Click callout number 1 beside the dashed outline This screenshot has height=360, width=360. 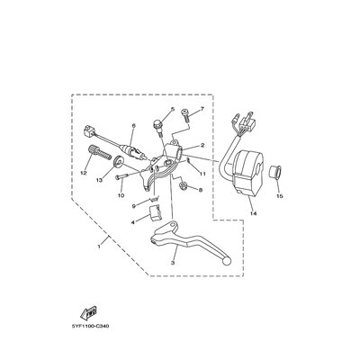tap(99, 246)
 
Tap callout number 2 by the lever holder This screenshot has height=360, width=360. tap(202, 146)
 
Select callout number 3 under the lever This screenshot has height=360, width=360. tap(173, 263)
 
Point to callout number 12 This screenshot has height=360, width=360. tap(84, 173)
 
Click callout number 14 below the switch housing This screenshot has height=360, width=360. tap(254, 213)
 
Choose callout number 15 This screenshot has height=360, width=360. tap(280, 196)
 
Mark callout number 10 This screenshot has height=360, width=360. tap(121, 195)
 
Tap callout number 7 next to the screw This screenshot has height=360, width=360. tap(202, 109)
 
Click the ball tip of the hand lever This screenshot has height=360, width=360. tap(227, 262)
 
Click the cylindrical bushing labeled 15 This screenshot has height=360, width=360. tap(274, 174)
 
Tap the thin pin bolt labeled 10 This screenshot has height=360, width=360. tap(122, 176)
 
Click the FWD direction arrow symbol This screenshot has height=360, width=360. tap(89, 312)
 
